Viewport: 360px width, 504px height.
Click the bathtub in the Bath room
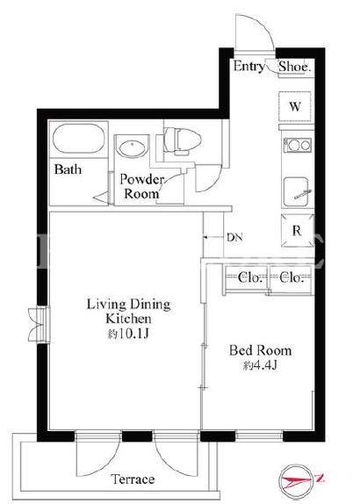[x=79, y=139]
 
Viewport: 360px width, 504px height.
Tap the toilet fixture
[x=182, y=140]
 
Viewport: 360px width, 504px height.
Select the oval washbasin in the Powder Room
[x=133, y=148]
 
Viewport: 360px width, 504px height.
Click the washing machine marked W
[x=295, y=107]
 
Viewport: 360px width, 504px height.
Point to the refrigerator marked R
[x=297, y=231]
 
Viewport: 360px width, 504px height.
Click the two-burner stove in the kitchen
[x=298, y=145]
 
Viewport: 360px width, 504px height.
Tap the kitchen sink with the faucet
[x=297, y=192]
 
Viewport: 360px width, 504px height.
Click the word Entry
[x=248, y=66]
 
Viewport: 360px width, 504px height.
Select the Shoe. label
[x=295, y=67]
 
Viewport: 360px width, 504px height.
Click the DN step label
[x=234, y=238]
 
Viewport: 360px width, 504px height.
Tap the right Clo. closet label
[x=292, y=277]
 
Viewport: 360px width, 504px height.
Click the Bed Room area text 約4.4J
[x=260, y=365]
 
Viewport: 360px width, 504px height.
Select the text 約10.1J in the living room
[x=128, y=334]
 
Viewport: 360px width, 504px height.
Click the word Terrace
[x=133, y=479]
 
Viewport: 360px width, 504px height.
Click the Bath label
[x=68, y=169]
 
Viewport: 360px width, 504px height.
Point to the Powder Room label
[x=141, y=187]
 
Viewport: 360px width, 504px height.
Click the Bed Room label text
[x=261, y=350]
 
